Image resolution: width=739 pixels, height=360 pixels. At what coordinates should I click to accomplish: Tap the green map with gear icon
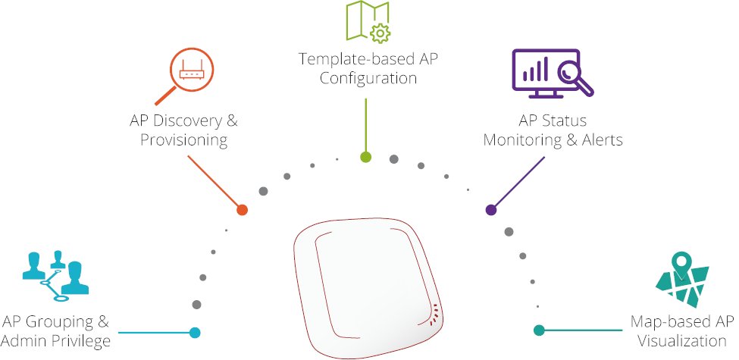coord(368,21)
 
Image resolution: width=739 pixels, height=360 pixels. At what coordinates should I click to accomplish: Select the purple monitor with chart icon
coord(546,74)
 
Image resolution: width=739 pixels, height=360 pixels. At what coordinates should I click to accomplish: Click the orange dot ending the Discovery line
coord(243,209)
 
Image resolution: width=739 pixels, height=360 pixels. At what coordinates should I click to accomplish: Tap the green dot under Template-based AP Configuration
coord(366,158)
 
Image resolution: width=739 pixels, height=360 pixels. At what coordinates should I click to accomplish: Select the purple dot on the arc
coord(490,209)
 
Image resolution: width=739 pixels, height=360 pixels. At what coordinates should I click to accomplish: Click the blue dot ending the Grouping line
coord(195,332)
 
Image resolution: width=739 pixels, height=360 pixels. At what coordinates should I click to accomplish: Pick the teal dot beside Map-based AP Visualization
coord(539,330)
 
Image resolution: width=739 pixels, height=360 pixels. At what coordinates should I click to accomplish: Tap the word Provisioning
coord(184,140)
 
